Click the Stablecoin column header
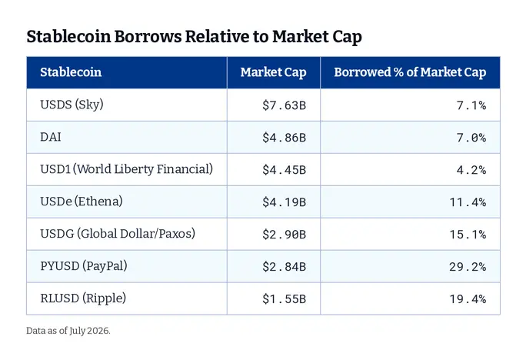click(71, 72)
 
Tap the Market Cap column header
click(274, 72)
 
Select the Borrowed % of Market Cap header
click(410, 72)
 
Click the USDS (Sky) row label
click(72, 105)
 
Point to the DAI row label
click(51, 137)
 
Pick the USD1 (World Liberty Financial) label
click(126, 169)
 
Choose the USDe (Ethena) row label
click(82, 202)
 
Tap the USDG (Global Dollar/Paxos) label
click(118, 234)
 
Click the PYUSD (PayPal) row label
click(84, 266)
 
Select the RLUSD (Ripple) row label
click(83, 298)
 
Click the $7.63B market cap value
click(284, 105)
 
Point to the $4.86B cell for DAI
click(284, 138)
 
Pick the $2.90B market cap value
click(284, 234)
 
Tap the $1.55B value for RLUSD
click(284, 299)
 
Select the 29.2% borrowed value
click(468, 267)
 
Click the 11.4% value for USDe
click(468, 202)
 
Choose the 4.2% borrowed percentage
click(471, 170)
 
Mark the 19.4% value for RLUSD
click(468, 299)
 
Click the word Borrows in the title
click(148, 36)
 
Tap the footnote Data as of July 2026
click(68, 331)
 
